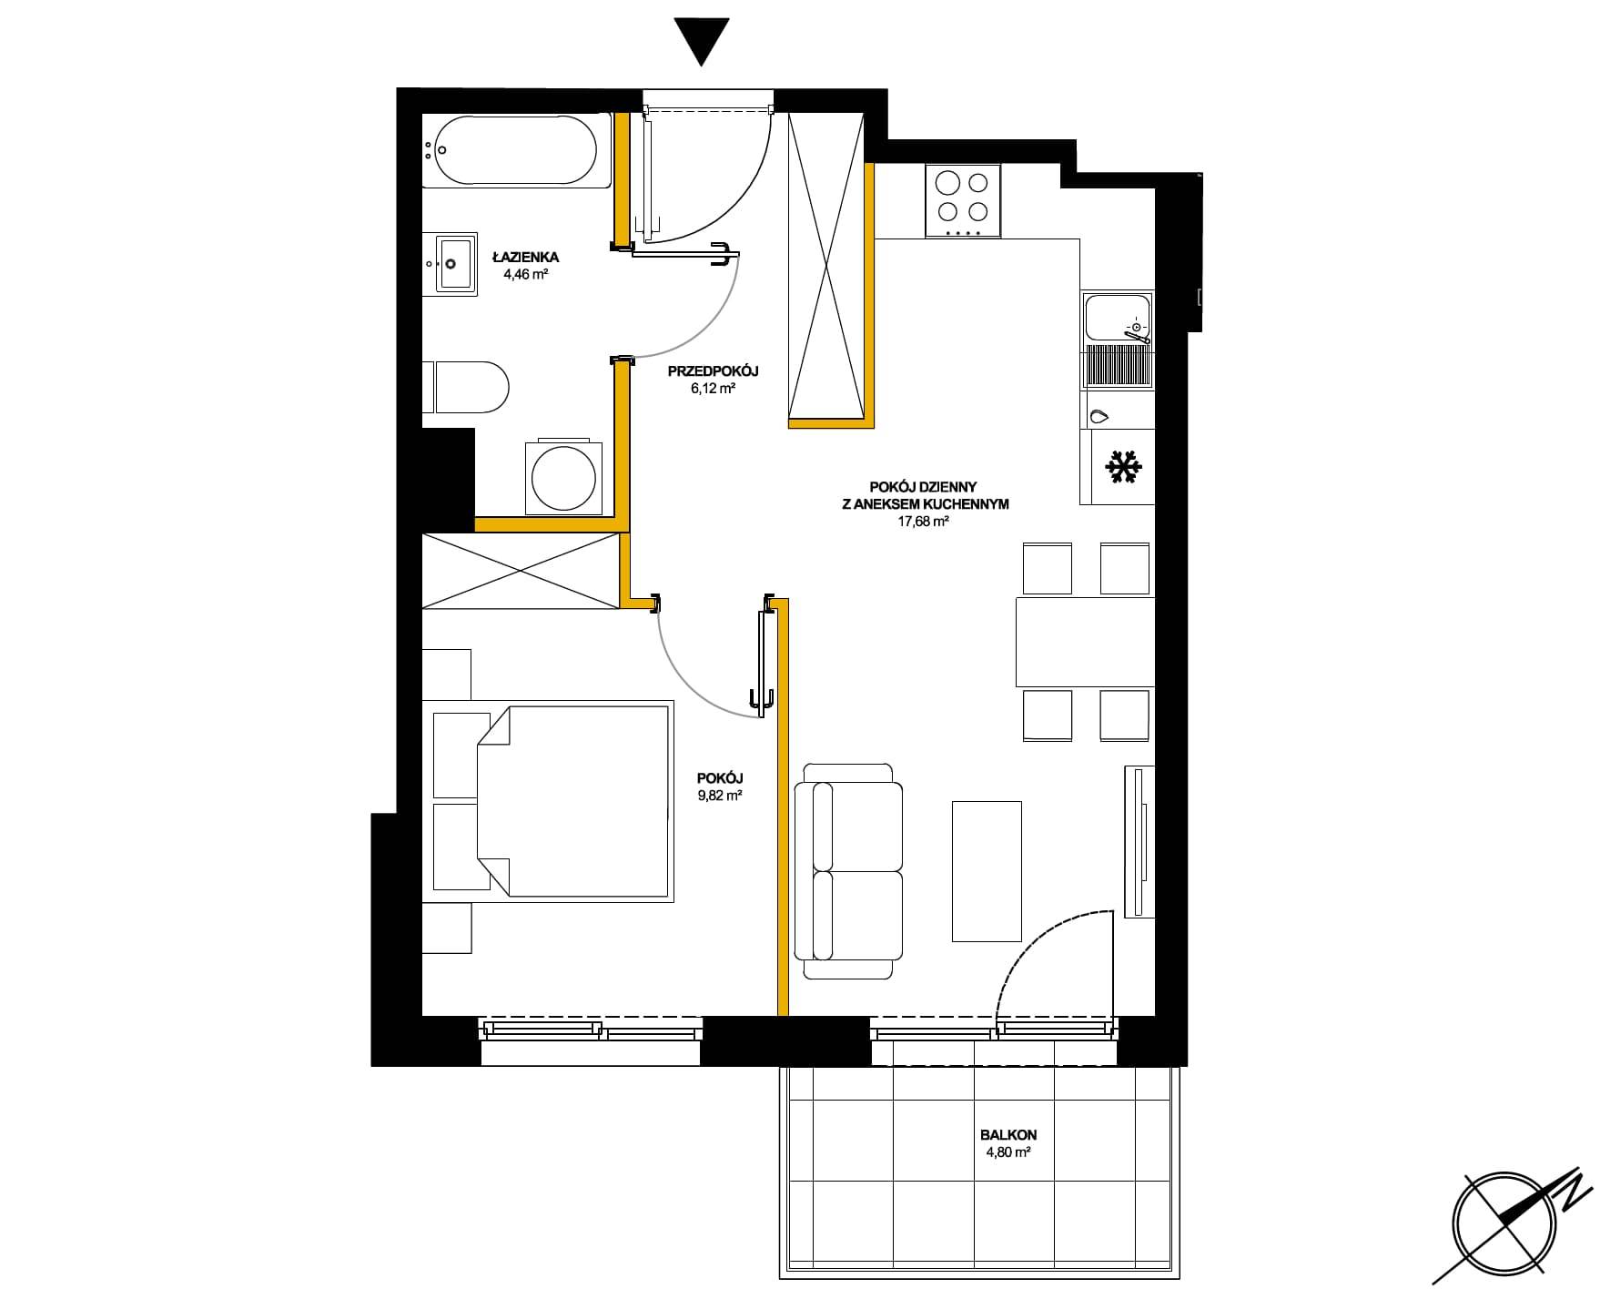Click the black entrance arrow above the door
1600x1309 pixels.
pyautogui.click(x=701, y=41)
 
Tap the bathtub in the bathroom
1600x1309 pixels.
pyautogui.click(x=516, y=151)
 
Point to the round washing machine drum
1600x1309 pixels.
pyautogui.click(x=563, y=478)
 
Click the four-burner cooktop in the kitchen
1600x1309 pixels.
pyautogui.click(x=963, y=201)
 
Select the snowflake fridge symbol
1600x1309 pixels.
pyautogui.click(x=1123, y=467)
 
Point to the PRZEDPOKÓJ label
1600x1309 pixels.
pyautogui.click(x=713, y=371)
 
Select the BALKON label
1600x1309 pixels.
pyautogui.click(x=1008, y=1135)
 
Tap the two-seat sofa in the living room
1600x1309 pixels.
pyautogui.click(x=848, y=871)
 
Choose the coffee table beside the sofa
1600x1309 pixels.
pyautogui.click(x=987, y=871)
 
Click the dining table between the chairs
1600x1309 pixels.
pyautogui.click(x=1085, y=642)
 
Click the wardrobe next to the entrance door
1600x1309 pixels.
pyautogui.click(x=825, y=268)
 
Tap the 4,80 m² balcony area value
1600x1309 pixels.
pyautogui.click(x=1008, y=1152)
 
